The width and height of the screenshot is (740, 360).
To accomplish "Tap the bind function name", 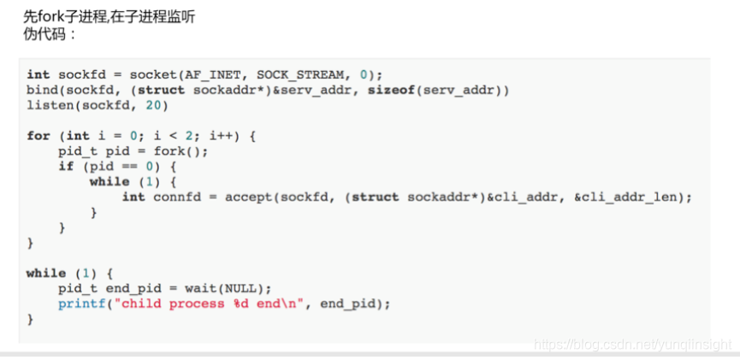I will tap(42, 90).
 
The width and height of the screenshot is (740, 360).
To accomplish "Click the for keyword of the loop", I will tap(38, 136).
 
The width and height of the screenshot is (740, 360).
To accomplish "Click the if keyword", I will tap(66, 167).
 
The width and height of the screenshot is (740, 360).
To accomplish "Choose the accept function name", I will tap(247, 198).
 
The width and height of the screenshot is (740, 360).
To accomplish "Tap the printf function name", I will tap(81, 304).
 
